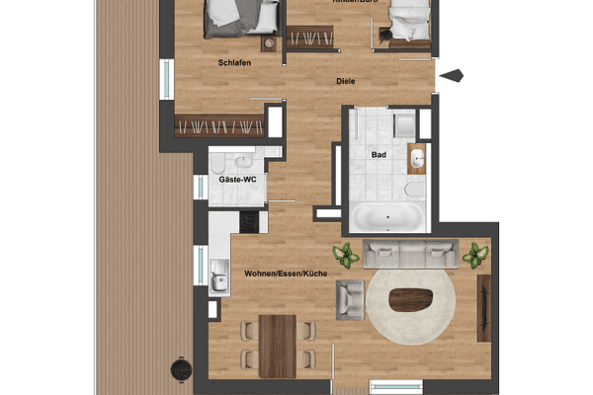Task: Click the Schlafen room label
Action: (x=234, y=62)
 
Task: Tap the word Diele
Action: (x=345, y=82)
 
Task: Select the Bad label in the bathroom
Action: (x=379, y=155)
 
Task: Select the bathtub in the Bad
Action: (x=388, y=216)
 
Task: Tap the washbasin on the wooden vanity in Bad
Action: (x=417, y=158)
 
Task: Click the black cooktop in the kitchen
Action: (x=248, y=221)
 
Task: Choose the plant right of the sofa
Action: (x=475, y=255)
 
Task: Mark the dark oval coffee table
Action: (x=412, y=299)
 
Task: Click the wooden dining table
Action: (x=279, y=345)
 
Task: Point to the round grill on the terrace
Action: (x=181, y=369)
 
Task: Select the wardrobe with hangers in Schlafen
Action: (x=219, y=125)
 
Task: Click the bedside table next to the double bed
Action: (x=269, y=43)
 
